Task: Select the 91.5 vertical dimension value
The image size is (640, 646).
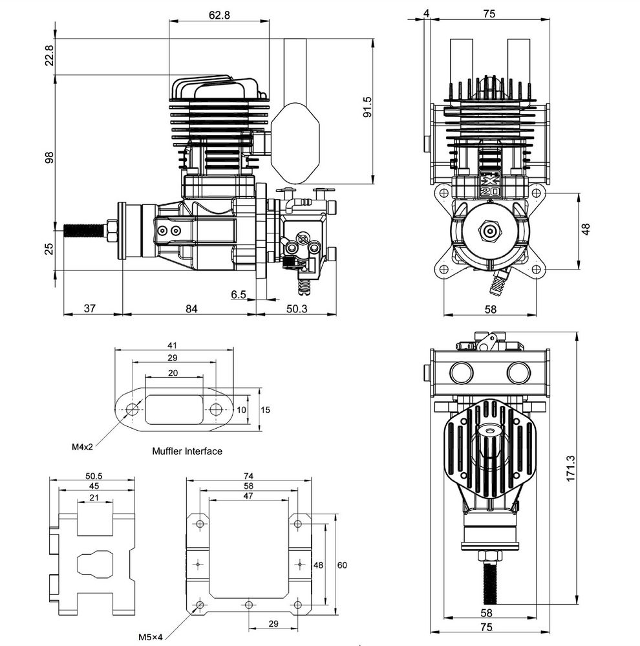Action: click(367, 107)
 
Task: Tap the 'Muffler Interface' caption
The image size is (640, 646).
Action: click(187, 451)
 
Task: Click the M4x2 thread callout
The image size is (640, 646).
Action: click(83, 446)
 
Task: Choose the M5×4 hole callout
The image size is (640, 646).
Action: click(150, 637)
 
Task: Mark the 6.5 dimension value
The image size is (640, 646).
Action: click(238, 295)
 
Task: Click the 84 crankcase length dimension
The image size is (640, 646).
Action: click(191, 308)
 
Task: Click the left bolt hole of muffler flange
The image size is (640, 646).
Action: click(133, 409)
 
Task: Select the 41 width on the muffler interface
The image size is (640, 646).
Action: click(171, 345)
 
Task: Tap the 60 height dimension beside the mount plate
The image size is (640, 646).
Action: click(343, 565)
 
